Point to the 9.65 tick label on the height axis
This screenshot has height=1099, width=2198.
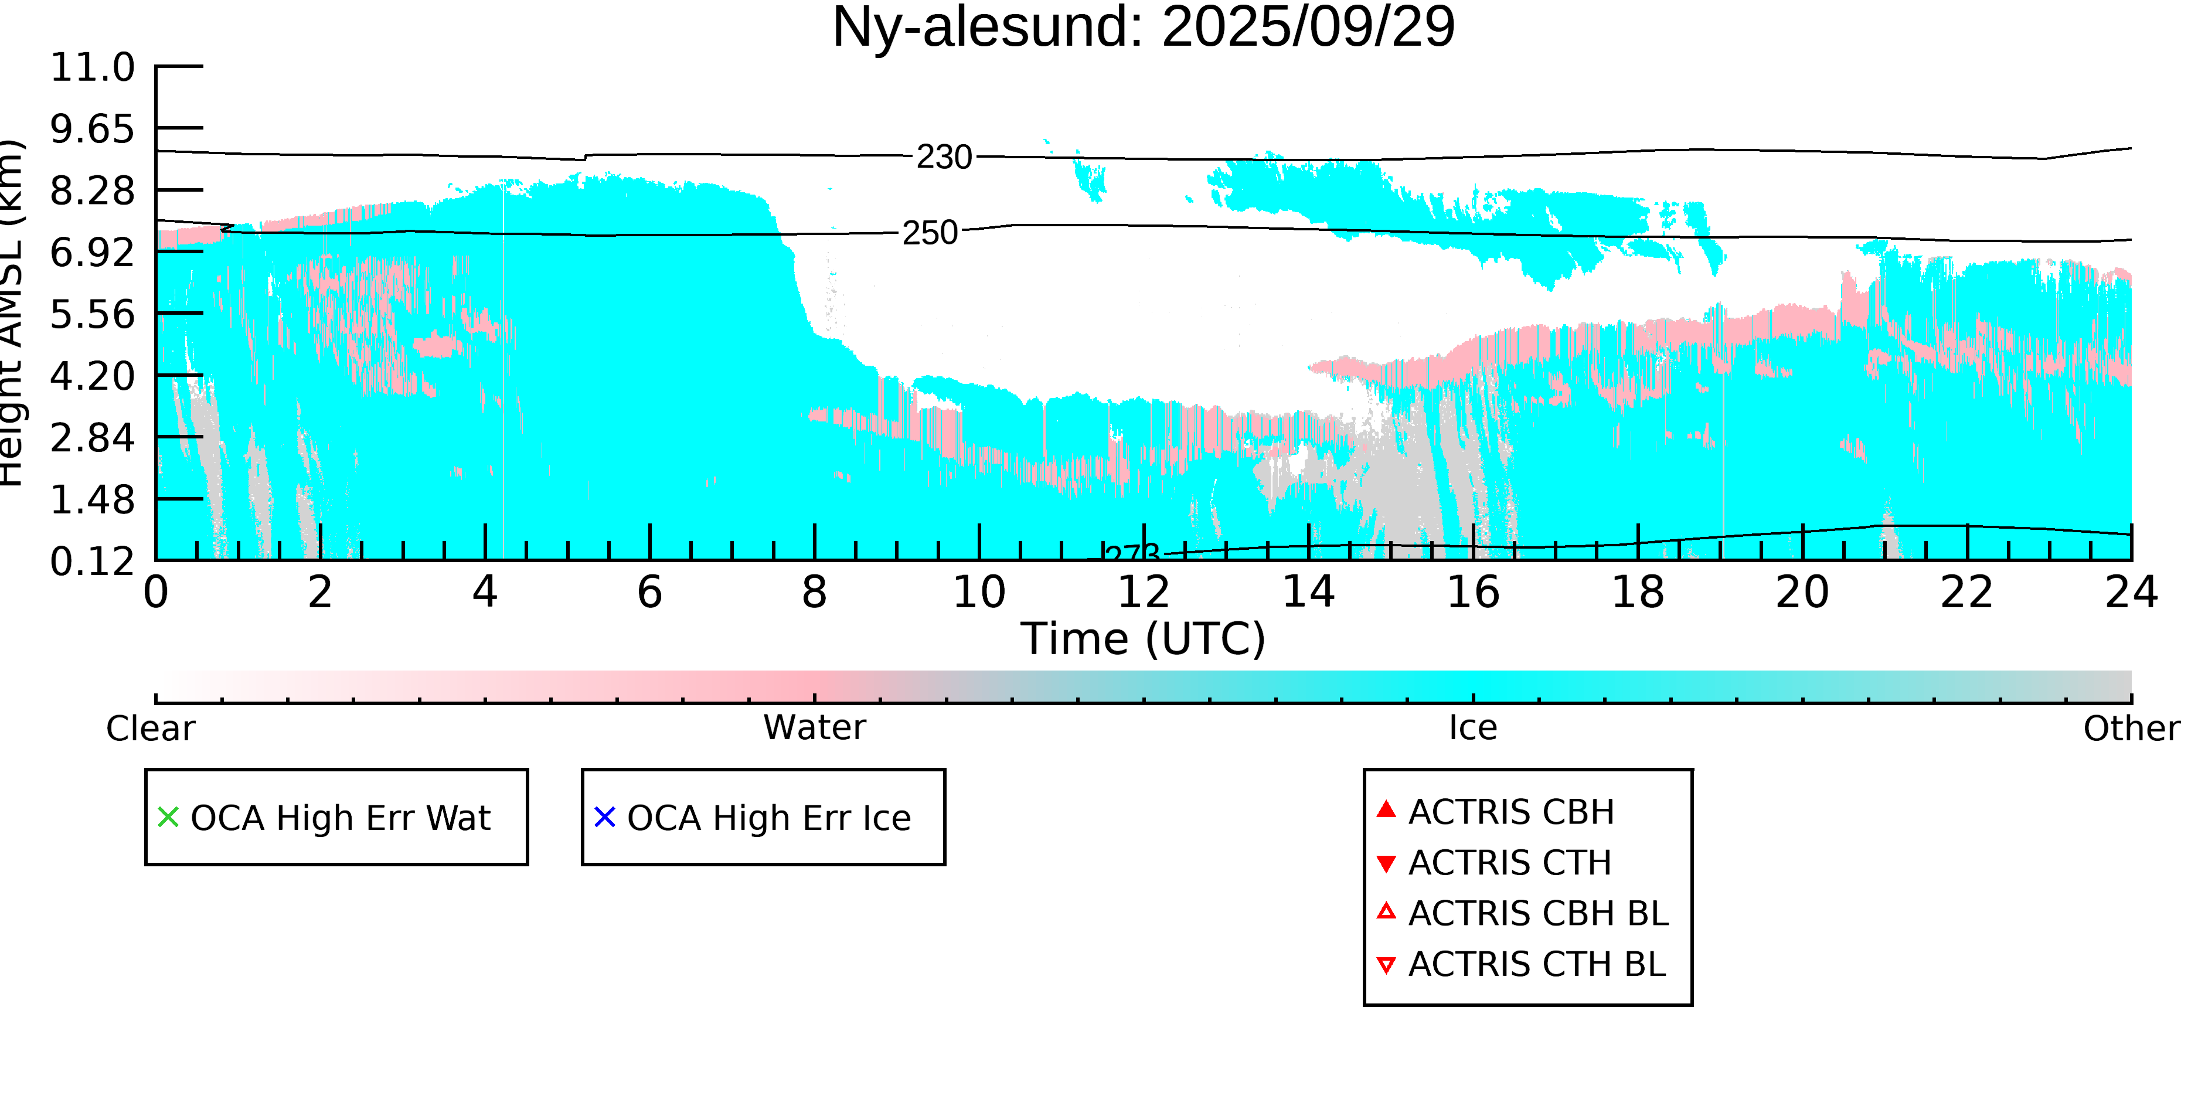coord(92,129)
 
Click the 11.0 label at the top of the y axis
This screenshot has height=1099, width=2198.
coord(92,67)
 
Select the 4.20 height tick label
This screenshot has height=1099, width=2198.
coord(92,376)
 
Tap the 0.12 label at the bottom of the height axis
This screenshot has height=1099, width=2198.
coord(92,562)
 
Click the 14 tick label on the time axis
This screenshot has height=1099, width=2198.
coord(1308,592)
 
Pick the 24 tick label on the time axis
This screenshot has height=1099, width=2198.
coord(2131,592)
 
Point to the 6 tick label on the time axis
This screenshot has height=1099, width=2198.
coord(649,592)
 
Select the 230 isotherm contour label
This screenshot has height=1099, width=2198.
coord(944,157)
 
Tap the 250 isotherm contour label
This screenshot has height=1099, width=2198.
coord(930,233)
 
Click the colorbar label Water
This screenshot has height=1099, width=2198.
coord(814,728)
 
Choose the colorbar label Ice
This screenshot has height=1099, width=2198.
coord(1473,728)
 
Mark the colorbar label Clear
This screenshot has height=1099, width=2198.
coord(150,729)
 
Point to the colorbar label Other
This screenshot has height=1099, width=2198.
coord(2131,729)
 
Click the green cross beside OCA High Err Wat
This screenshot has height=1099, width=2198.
coord(168,818)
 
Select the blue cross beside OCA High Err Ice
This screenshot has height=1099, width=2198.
coord(605,818)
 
